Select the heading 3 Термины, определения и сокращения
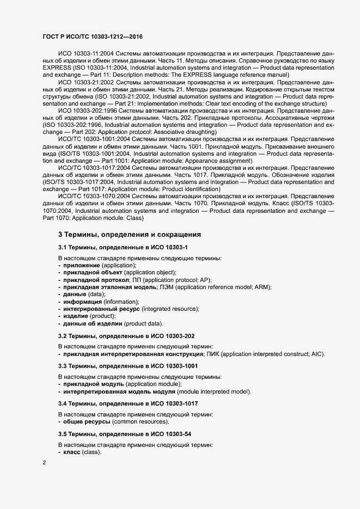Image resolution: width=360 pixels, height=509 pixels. [130, 235]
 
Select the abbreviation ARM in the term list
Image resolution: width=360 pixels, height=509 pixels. [263, 287]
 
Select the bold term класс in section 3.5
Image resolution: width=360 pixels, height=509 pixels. [71, 452]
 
